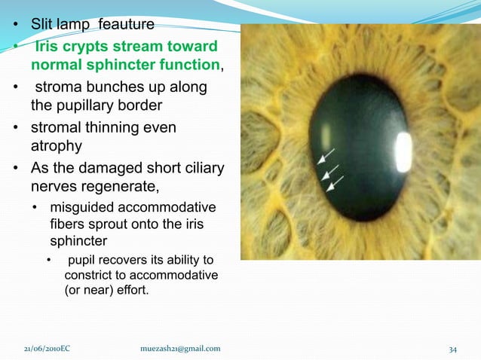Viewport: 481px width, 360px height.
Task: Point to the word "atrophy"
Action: click(x=56, y=145)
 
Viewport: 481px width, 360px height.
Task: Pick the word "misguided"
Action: click(x=81, y=207)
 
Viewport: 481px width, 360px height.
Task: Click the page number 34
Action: click(x=453, y=348)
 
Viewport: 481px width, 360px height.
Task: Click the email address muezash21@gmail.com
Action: click(x=181, y=348)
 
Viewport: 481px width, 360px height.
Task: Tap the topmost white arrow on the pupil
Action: click(x=328, y=156)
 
